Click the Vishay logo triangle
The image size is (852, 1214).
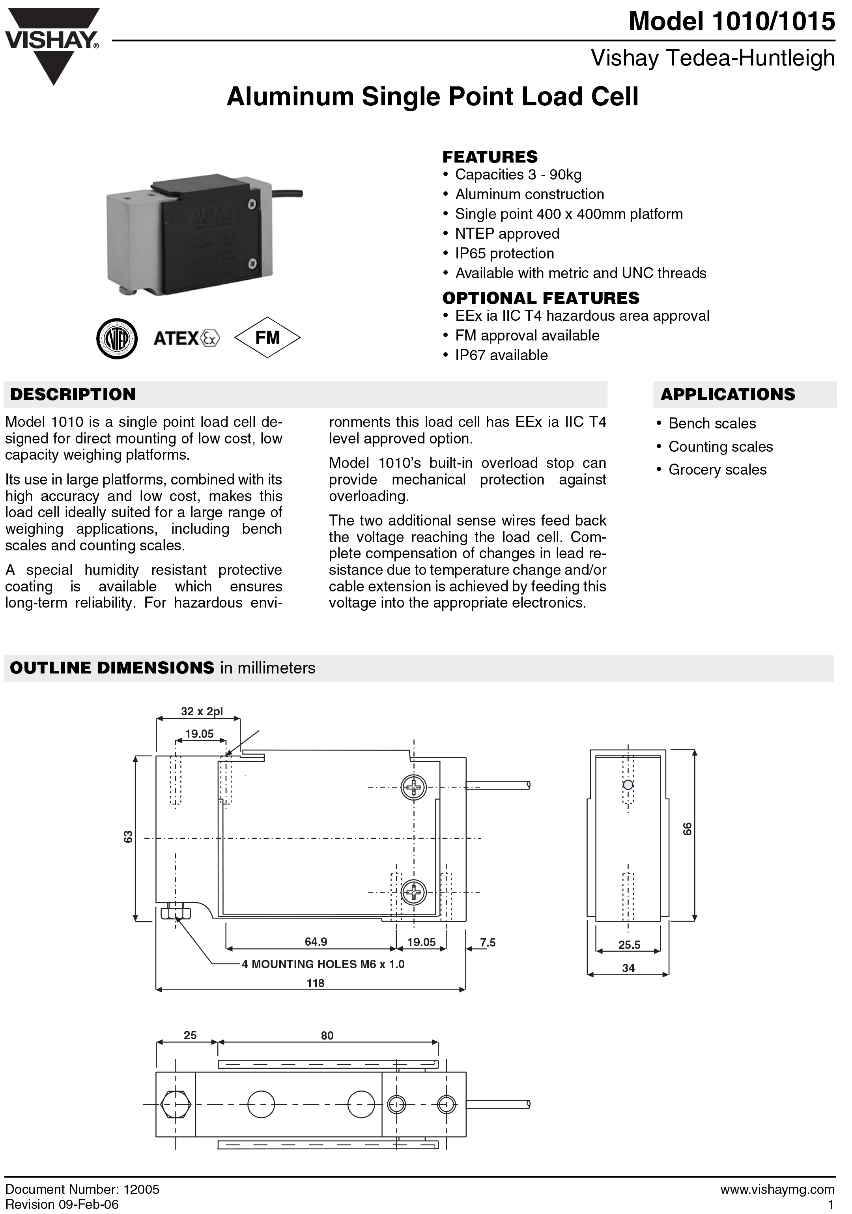(x=52, y=45)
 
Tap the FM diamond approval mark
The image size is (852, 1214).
(x=267, y=337)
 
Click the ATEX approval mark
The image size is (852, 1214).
(x=186, y=338)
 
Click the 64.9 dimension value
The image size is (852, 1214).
(x=316, y=942)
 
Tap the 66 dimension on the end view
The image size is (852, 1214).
(x=687, y=828)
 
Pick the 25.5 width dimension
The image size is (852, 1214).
(x=629, y=945)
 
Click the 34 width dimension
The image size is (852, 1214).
(x=628, y=968)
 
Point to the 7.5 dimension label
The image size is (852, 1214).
(x=487, y=942)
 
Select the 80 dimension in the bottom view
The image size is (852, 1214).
(x=327, y=1035)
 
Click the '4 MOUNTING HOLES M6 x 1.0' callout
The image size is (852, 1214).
(x=323, y=964)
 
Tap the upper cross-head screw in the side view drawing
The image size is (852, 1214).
(x=413, y=788)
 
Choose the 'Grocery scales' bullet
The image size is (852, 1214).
(x=717, y=470)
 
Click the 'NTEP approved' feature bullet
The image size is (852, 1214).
(x=507, y=234)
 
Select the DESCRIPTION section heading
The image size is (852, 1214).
(x=73, y=395)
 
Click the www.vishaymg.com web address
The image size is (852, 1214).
(x=777, y=1190)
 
